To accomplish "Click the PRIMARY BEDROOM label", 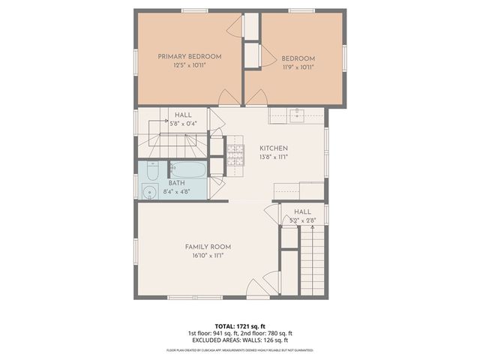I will click(189, 56).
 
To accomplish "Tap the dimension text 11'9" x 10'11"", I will click(298, 67).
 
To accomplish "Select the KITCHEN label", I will click(274, 148).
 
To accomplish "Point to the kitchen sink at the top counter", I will click(298, 115).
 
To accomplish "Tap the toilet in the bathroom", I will click(151, 172).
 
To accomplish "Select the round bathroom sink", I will click(145, 193).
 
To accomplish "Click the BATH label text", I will click(176, 183).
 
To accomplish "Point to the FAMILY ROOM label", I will click(208, 246).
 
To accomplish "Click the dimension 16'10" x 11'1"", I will click(208, 255).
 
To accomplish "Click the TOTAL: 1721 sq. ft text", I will click(240, 326).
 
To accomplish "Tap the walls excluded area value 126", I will click(262, 340).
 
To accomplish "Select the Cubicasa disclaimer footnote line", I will click(240, 349).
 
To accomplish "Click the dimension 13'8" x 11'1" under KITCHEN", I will click(274, 157).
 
